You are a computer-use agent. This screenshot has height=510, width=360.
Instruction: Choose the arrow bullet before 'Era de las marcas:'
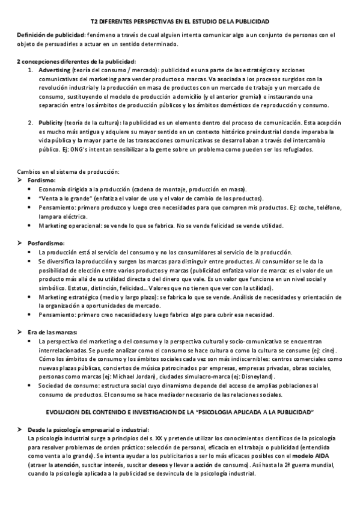(x=20, y=331)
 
